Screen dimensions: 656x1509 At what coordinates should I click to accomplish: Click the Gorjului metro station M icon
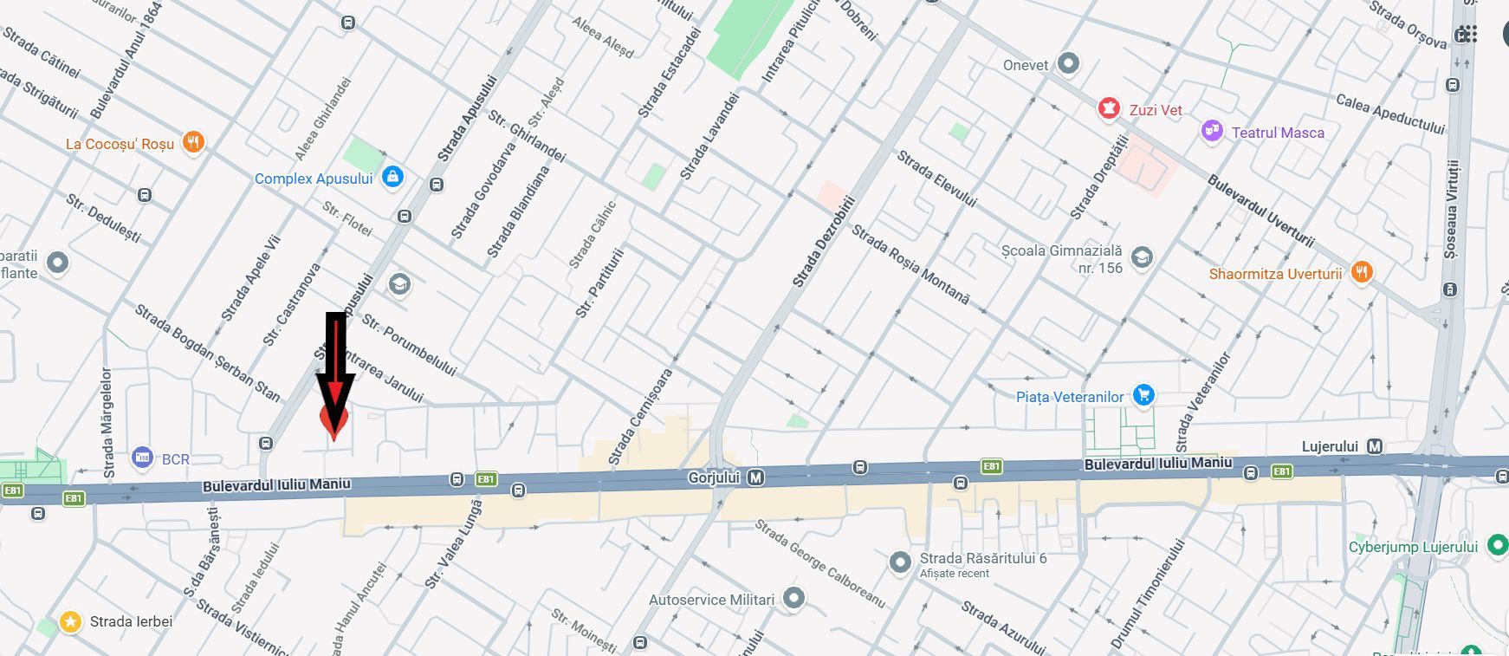pos(755,477)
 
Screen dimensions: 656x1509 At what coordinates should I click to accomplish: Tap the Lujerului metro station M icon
pos(1374,447)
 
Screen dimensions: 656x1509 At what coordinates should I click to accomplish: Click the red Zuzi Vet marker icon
pos(1108,109)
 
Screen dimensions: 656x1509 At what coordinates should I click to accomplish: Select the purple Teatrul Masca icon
pos(1212,132)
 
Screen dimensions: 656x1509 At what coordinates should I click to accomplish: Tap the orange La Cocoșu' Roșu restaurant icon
pos(193,143)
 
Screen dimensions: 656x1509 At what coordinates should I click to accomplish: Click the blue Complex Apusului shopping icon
pos(392,178)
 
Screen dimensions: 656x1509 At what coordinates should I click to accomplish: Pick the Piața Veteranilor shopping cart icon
pos(1143,396)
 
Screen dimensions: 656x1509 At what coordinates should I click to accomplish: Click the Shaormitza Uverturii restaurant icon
pos(1362,273)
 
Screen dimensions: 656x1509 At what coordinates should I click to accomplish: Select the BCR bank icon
pos(142,458)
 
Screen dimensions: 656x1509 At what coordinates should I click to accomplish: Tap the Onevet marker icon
pos(1069,63)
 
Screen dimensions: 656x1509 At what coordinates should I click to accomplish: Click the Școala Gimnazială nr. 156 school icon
pos(1143,257)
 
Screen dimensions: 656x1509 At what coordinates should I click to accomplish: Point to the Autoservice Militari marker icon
pos(793,598)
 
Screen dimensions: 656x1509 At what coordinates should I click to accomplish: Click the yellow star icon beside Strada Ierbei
pos(70,621)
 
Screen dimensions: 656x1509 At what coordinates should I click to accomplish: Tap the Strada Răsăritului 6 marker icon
pos(900,562)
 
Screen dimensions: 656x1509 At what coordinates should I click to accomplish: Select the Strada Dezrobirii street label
pos(823,243)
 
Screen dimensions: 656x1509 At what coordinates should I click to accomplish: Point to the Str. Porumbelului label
pos(409,345)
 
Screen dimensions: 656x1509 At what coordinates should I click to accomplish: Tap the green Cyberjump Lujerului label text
pos(1413,547)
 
